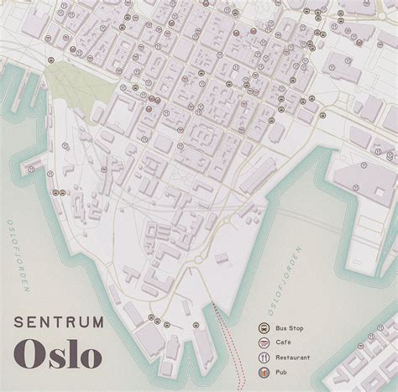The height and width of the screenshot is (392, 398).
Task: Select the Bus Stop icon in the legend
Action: click(x=264, y=328)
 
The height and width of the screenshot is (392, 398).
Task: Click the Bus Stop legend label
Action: click(x=290, y=328)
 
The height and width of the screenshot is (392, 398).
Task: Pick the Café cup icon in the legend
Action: click(x=264, y=342)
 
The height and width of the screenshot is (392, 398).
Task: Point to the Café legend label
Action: click(x=284, y=342)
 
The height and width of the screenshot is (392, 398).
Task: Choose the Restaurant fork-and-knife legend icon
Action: click(x=264, y=355)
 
